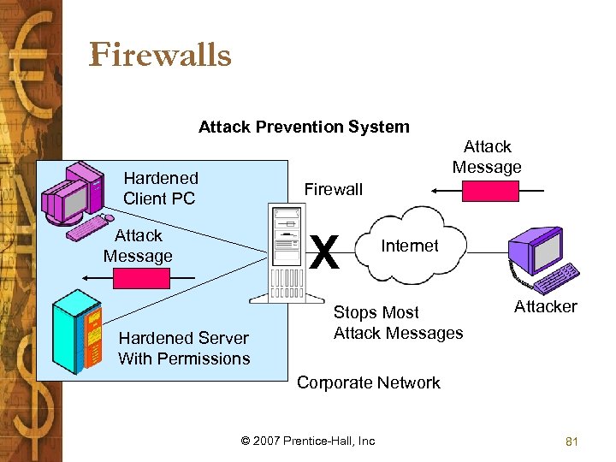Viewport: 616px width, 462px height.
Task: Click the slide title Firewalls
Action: coord(160,55)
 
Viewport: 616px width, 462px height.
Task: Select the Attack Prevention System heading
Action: coord(304,127)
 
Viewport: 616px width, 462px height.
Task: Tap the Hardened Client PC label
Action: coord(160,188)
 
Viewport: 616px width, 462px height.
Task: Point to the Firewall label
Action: coord(334,189)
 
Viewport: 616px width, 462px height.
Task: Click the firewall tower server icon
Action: coord(276,254)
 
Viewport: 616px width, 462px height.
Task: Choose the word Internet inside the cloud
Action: coord(409,246)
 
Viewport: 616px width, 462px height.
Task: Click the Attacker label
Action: coord(545,306)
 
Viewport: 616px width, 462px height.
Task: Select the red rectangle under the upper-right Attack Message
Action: coord(489,191)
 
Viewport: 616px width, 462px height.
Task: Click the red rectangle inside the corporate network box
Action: coord(142,278)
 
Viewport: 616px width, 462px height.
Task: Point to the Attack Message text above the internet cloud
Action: coord(487,157)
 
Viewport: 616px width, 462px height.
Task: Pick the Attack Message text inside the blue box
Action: coord(138,246)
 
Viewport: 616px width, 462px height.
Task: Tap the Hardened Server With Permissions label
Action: coord(184,348)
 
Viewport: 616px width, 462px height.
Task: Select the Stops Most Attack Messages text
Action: coord(398,323)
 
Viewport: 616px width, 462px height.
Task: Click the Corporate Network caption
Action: coord(368,382)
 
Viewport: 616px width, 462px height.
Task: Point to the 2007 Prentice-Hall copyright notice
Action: coord(308,441)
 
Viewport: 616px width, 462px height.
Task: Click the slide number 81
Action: coord(572,441)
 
